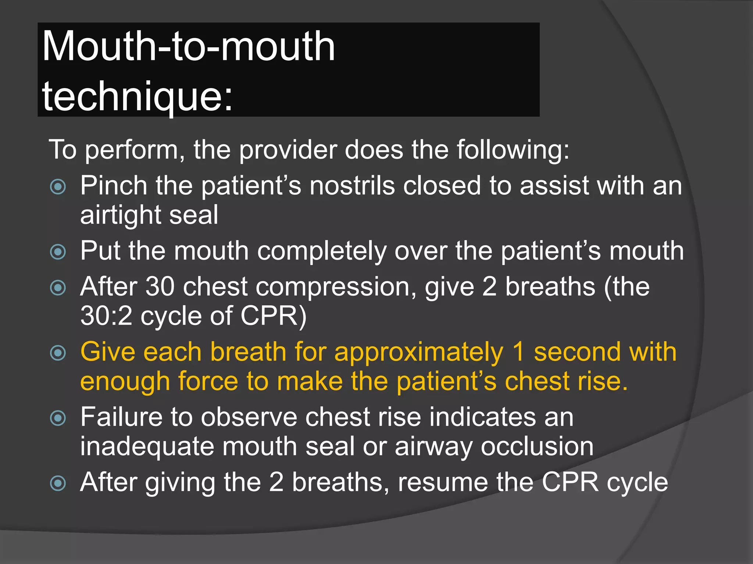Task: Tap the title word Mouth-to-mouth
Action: [x=189, y=47]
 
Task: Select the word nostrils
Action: [x=352, y=185]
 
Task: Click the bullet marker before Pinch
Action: [x=58, y=187]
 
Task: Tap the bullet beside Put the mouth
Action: [x=58, y=252]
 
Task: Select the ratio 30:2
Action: [x=106, y=316]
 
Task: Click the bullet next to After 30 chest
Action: [x=58, y=288]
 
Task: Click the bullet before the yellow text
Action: [x=58, y=353]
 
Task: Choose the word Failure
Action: [x=122, y=417]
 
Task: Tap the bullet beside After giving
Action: [x=58, y=483]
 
